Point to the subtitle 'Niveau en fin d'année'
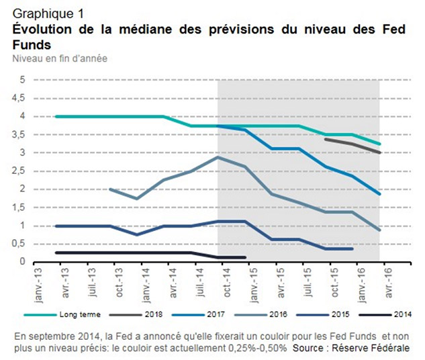[x=59, y=58]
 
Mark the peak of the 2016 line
[x=218, y=156]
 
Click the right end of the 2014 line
[x=246, y=257]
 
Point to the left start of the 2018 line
[x=326, y=139]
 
